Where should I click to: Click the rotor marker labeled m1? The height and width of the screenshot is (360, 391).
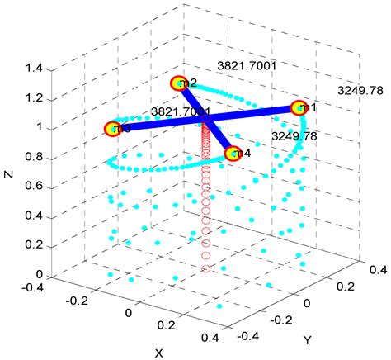[x=299, y=108]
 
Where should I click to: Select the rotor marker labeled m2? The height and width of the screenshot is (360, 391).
[x=179, y=83]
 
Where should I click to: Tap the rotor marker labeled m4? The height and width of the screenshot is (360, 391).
[x=233, y=154]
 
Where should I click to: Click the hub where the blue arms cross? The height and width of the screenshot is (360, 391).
[x=206, y=121]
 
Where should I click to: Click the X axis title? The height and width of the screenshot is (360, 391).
[x=158, y=353]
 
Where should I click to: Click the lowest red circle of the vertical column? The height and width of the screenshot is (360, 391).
[x=206, y=268]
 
